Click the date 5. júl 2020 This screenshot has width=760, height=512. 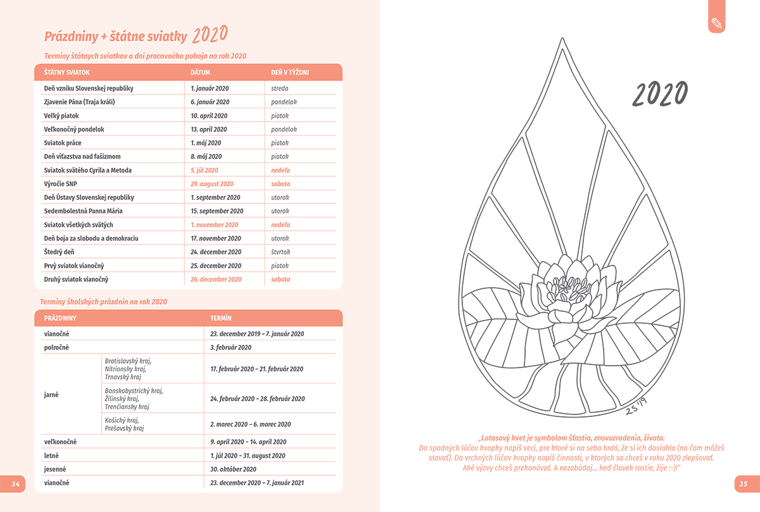point(204,170)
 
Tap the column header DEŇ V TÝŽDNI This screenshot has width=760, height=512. point(289,73)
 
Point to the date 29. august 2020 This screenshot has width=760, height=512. point(212,184)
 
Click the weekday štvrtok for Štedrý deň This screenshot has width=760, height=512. point(280,252)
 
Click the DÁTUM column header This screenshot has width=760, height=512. point(200,73)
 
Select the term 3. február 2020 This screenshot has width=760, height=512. point(231,347)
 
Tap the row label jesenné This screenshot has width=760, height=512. point(55,469)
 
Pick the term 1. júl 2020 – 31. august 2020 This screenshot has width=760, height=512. point(248,456)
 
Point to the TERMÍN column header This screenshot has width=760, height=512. point(220,317)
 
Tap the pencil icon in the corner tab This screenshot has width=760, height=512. point(717,23)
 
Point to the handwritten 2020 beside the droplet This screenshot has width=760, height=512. point(660,94)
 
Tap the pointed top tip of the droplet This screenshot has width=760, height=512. point(560,41)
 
